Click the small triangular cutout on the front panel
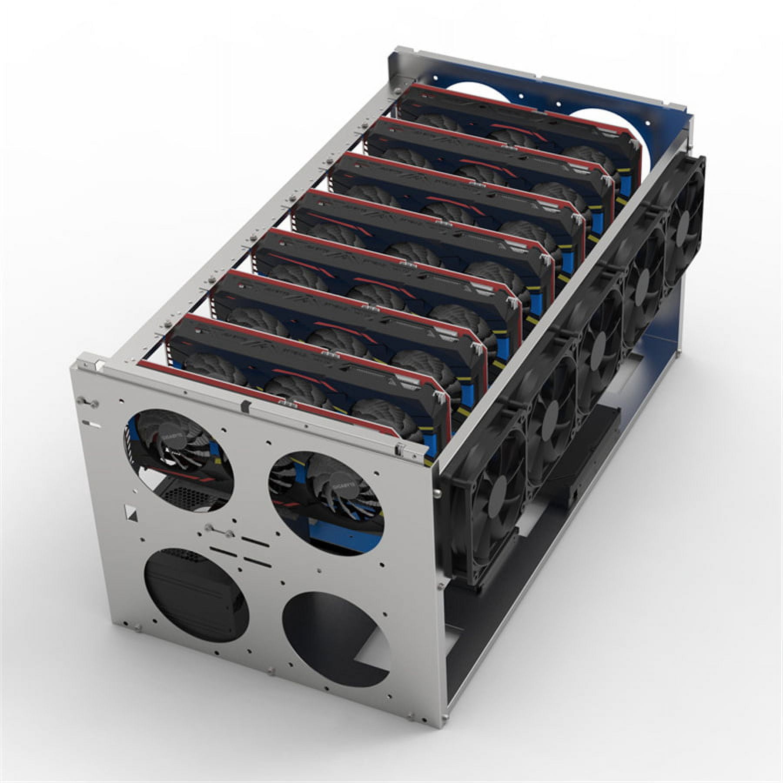[x=130, y=511]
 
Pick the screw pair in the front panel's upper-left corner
[x=85, y=402]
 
